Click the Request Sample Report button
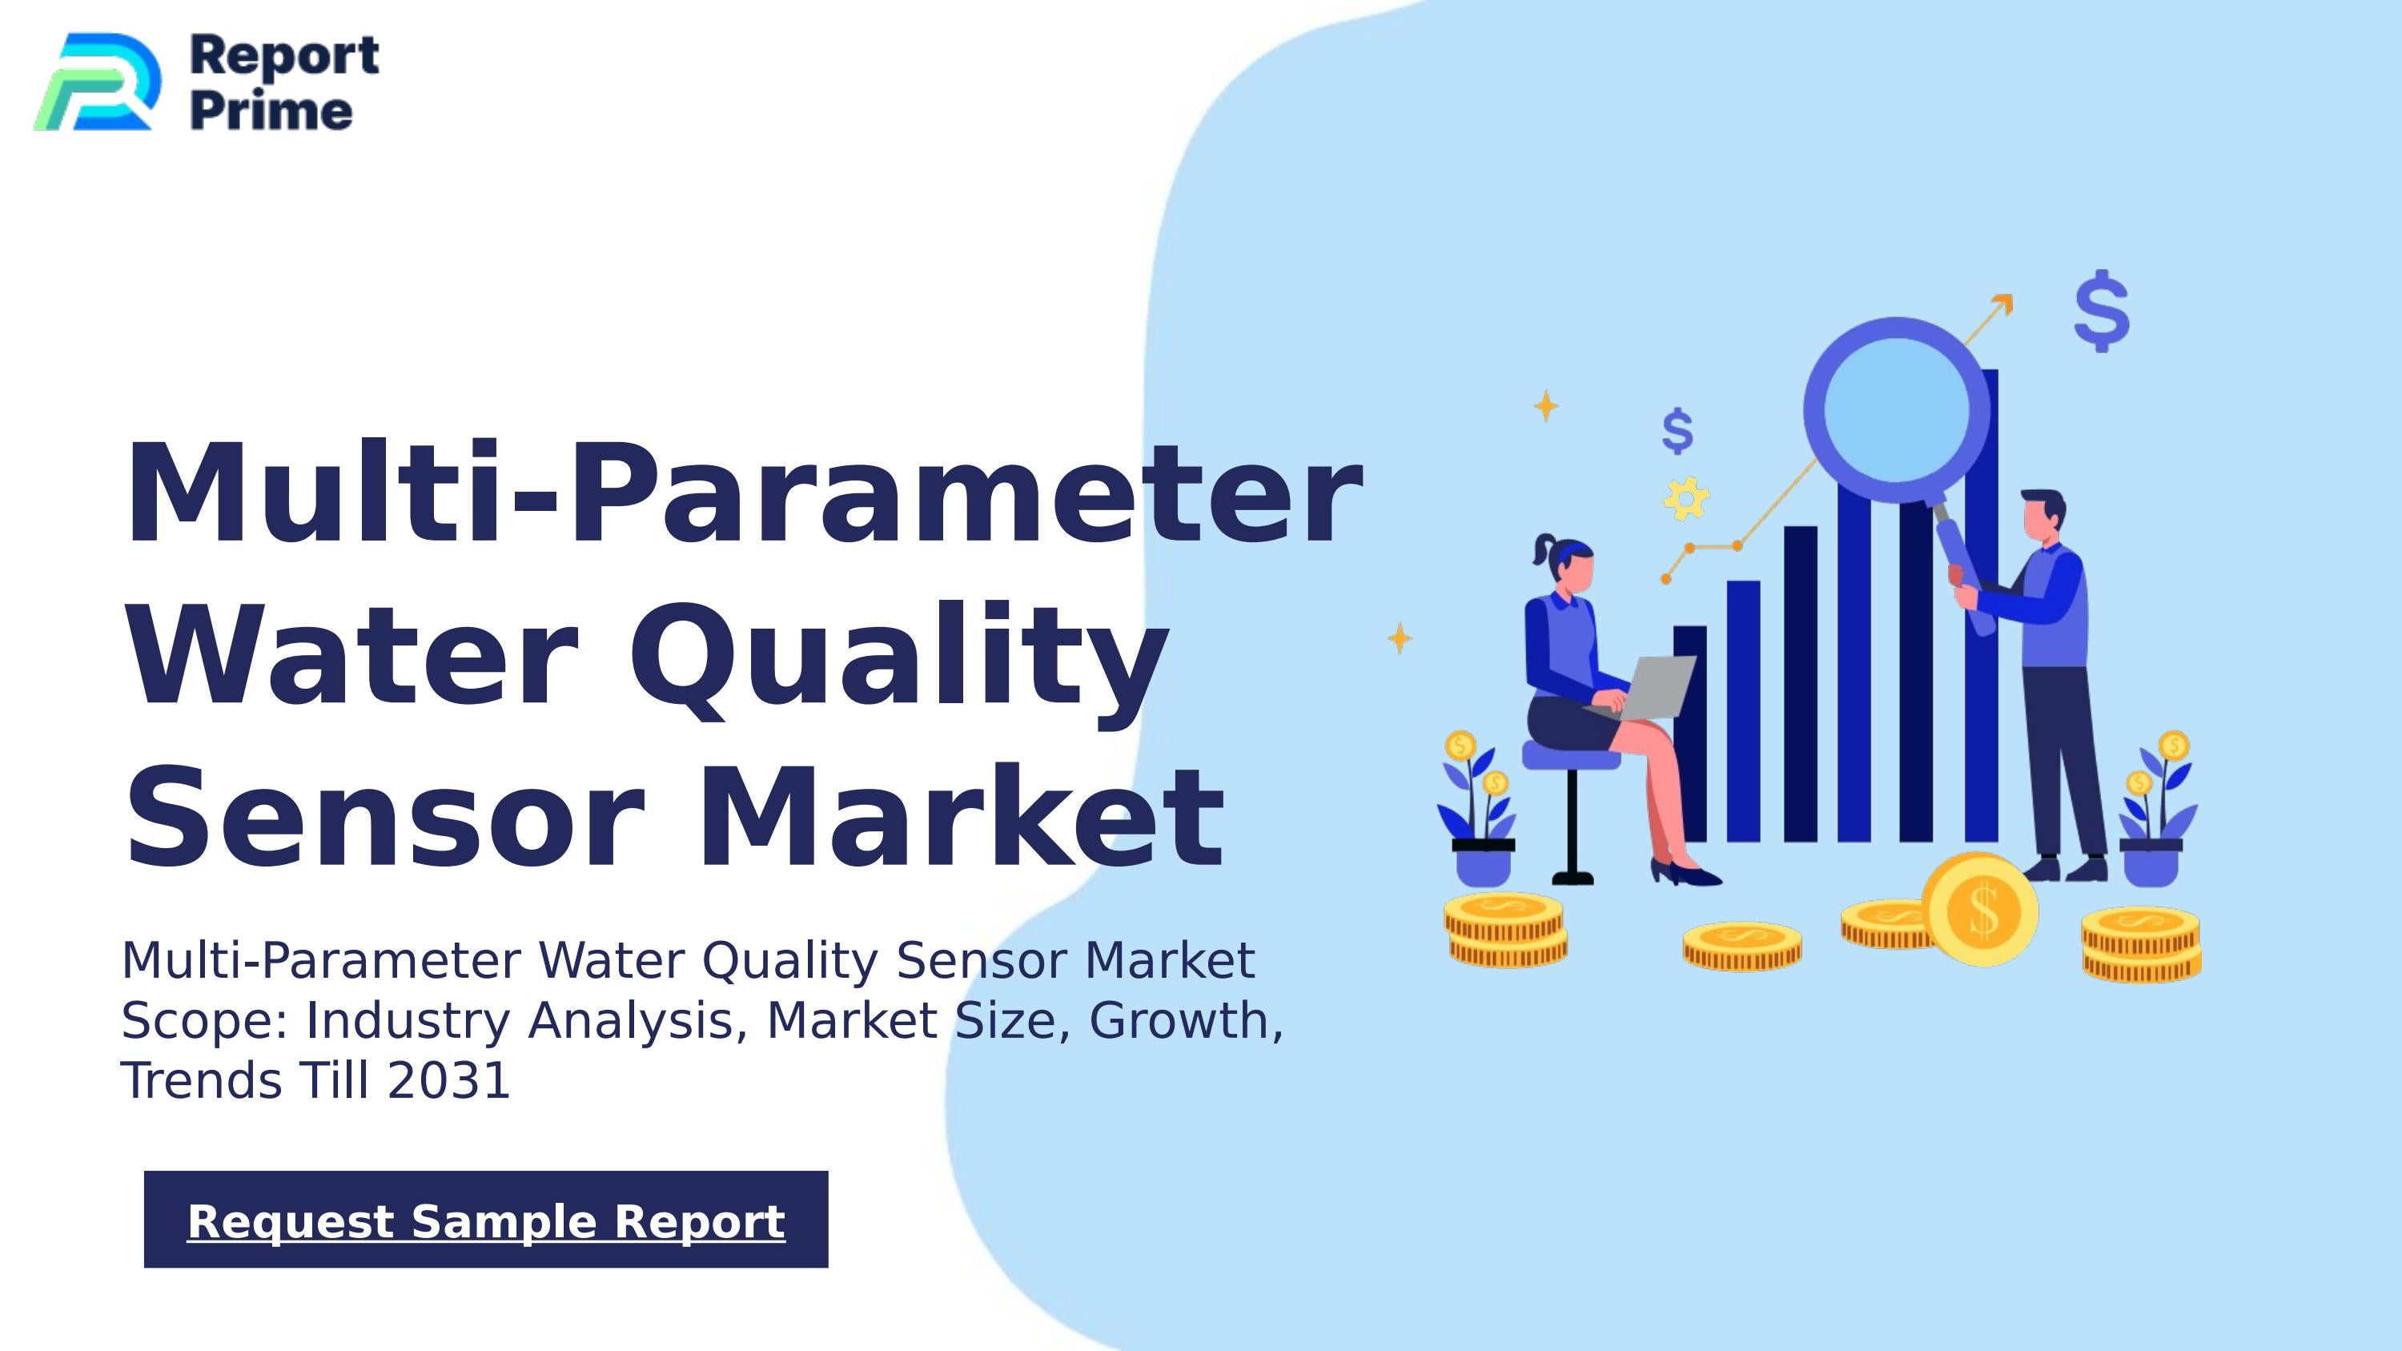486,1220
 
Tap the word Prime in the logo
271,111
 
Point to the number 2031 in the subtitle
448,1080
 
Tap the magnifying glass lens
1896,410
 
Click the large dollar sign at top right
2102,311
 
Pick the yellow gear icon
1686,499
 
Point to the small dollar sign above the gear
1677,431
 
